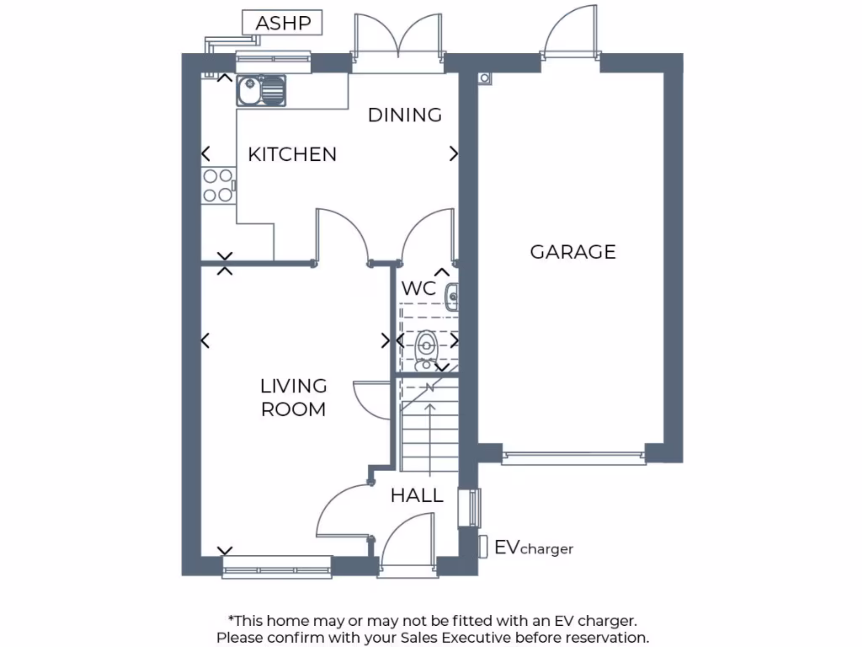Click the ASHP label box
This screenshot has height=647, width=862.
click(x=282, y=24)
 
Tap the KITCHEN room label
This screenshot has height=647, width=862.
click(x=292, y=154)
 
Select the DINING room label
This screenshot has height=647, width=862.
click(x=405, y=115)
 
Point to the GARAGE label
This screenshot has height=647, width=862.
click(x=572, y=252)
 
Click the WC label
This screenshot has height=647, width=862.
click(x=418, y=288)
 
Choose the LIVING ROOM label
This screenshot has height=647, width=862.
click(x=293, y=398)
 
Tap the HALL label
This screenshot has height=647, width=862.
click(x=417, y=496)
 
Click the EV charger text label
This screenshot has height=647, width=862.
click(x=534, y=548)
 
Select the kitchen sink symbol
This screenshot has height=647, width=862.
click(x=261, y=90)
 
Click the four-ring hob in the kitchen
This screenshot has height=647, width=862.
click(x=218, y=185)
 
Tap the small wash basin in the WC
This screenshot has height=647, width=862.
click(x=451, y=296)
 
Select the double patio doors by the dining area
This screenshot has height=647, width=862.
click(x=397, y=42)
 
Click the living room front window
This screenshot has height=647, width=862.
click(x=276, y=567)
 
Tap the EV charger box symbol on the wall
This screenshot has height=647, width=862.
click(x=483, y=546)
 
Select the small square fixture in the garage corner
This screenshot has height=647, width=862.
click(x=484, y=78)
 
